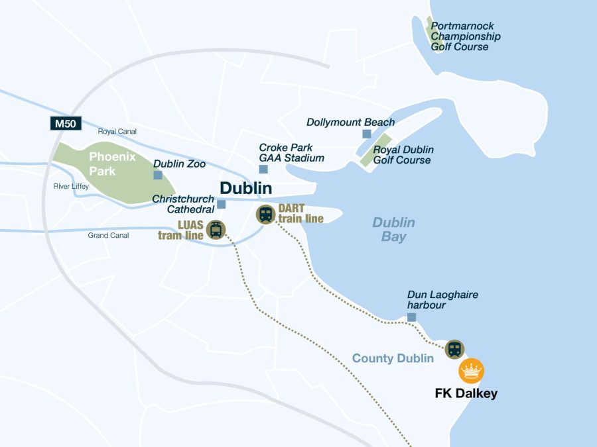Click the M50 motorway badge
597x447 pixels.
(66, 123)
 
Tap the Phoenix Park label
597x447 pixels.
(112, 164)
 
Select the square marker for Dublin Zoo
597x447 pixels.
(158, 175)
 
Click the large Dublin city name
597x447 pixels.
(245, 188)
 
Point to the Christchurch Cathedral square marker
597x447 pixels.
(222, 204)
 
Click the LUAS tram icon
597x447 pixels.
(216, 229)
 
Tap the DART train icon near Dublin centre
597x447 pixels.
(266, 214)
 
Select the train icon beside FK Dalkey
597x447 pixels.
(454, 349)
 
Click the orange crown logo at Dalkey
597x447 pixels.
(472, 371)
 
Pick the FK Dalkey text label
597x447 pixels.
(466, 393)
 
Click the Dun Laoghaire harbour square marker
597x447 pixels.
(411, 317)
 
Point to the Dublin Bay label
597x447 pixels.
(393, 229)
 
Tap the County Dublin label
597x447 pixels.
(393, 358)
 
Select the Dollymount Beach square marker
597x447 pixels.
(367, 134)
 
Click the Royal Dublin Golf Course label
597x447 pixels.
(402, 155)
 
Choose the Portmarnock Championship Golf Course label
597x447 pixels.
(466, 36)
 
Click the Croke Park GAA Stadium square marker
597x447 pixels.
(263, 169)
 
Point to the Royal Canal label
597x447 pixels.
(117, 131)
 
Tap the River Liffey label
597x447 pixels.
(71, 186)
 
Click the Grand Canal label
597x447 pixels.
(108, 235)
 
